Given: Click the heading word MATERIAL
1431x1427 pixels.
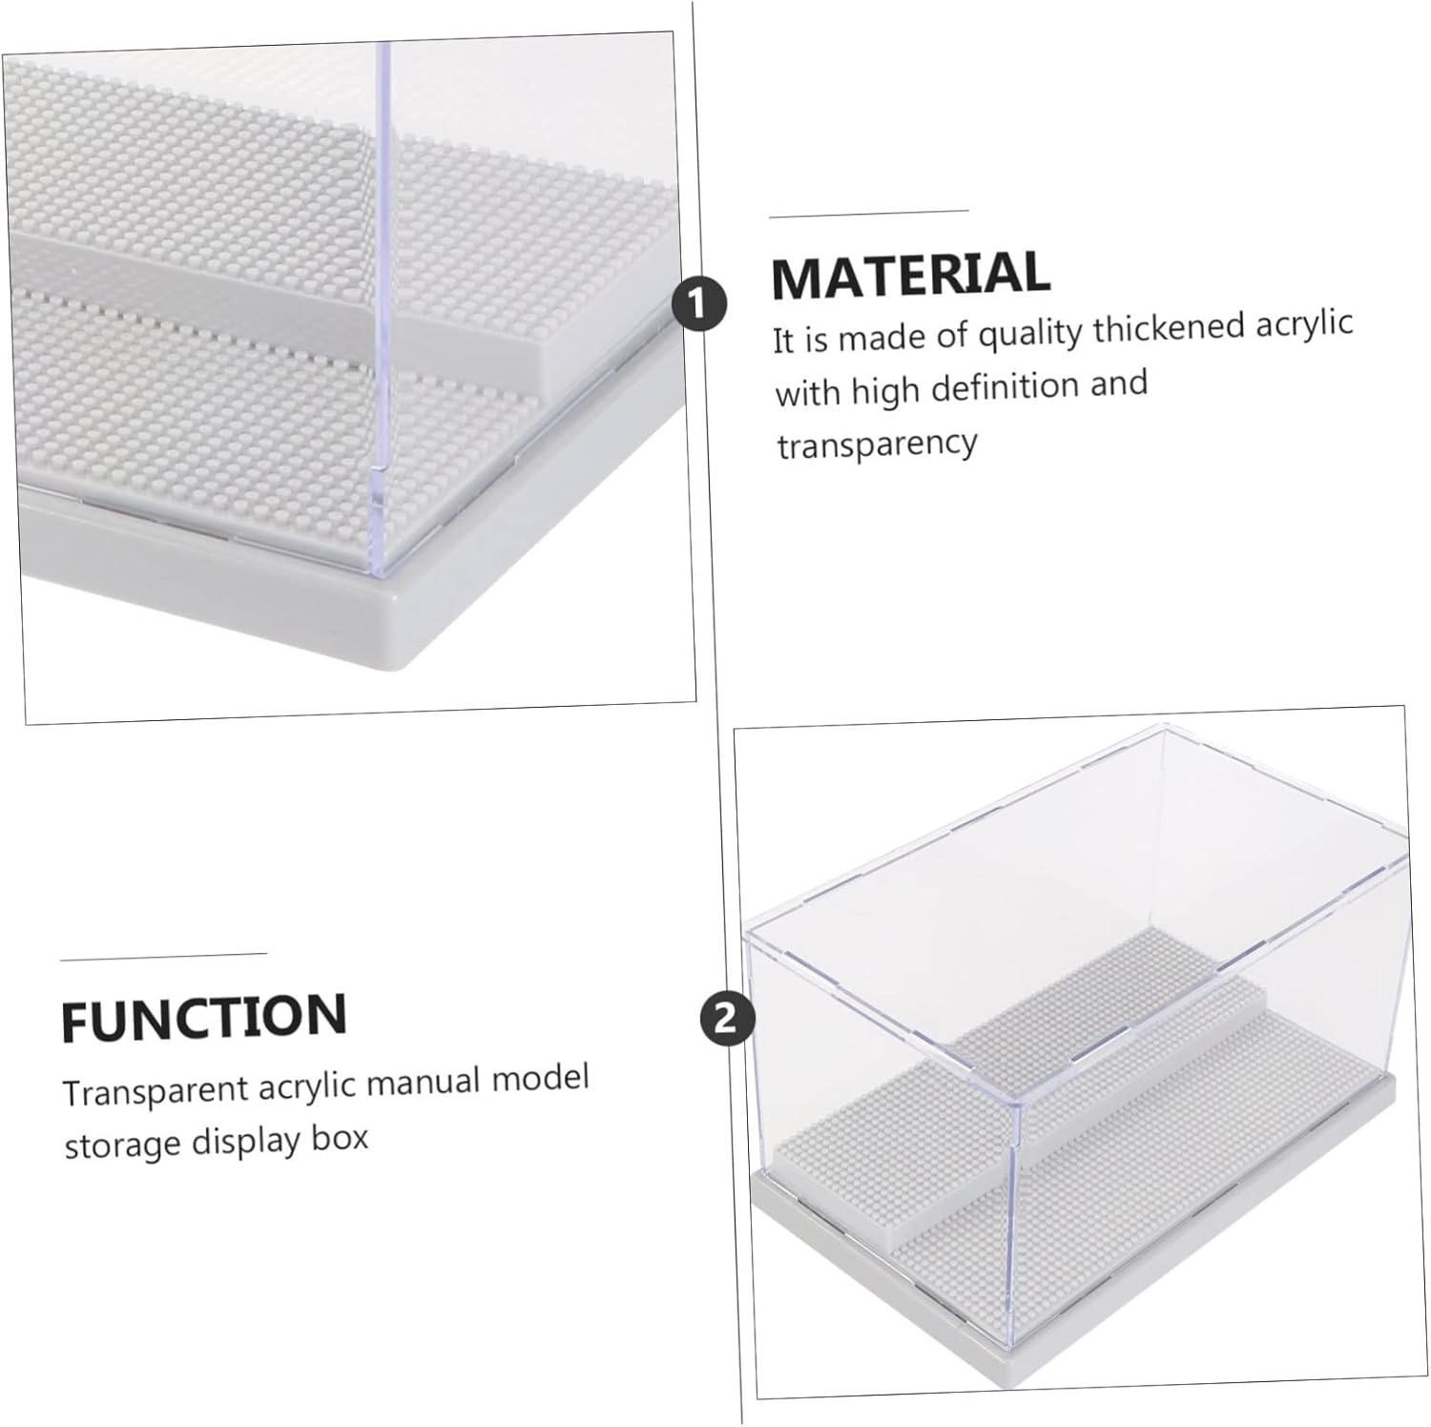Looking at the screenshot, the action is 910,275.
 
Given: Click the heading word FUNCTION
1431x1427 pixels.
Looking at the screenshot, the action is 203,1017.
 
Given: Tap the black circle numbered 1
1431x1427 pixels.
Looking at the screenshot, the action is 699,304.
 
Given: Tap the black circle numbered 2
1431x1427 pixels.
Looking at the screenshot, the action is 726,1019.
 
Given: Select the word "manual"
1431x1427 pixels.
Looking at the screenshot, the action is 425,1083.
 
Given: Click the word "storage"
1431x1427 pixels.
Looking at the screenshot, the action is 121,1144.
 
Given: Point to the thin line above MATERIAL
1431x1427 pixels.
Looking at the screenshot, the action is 869,214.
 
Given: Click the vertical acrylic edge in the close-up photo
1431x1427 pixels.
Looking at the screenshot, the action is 384,305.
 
